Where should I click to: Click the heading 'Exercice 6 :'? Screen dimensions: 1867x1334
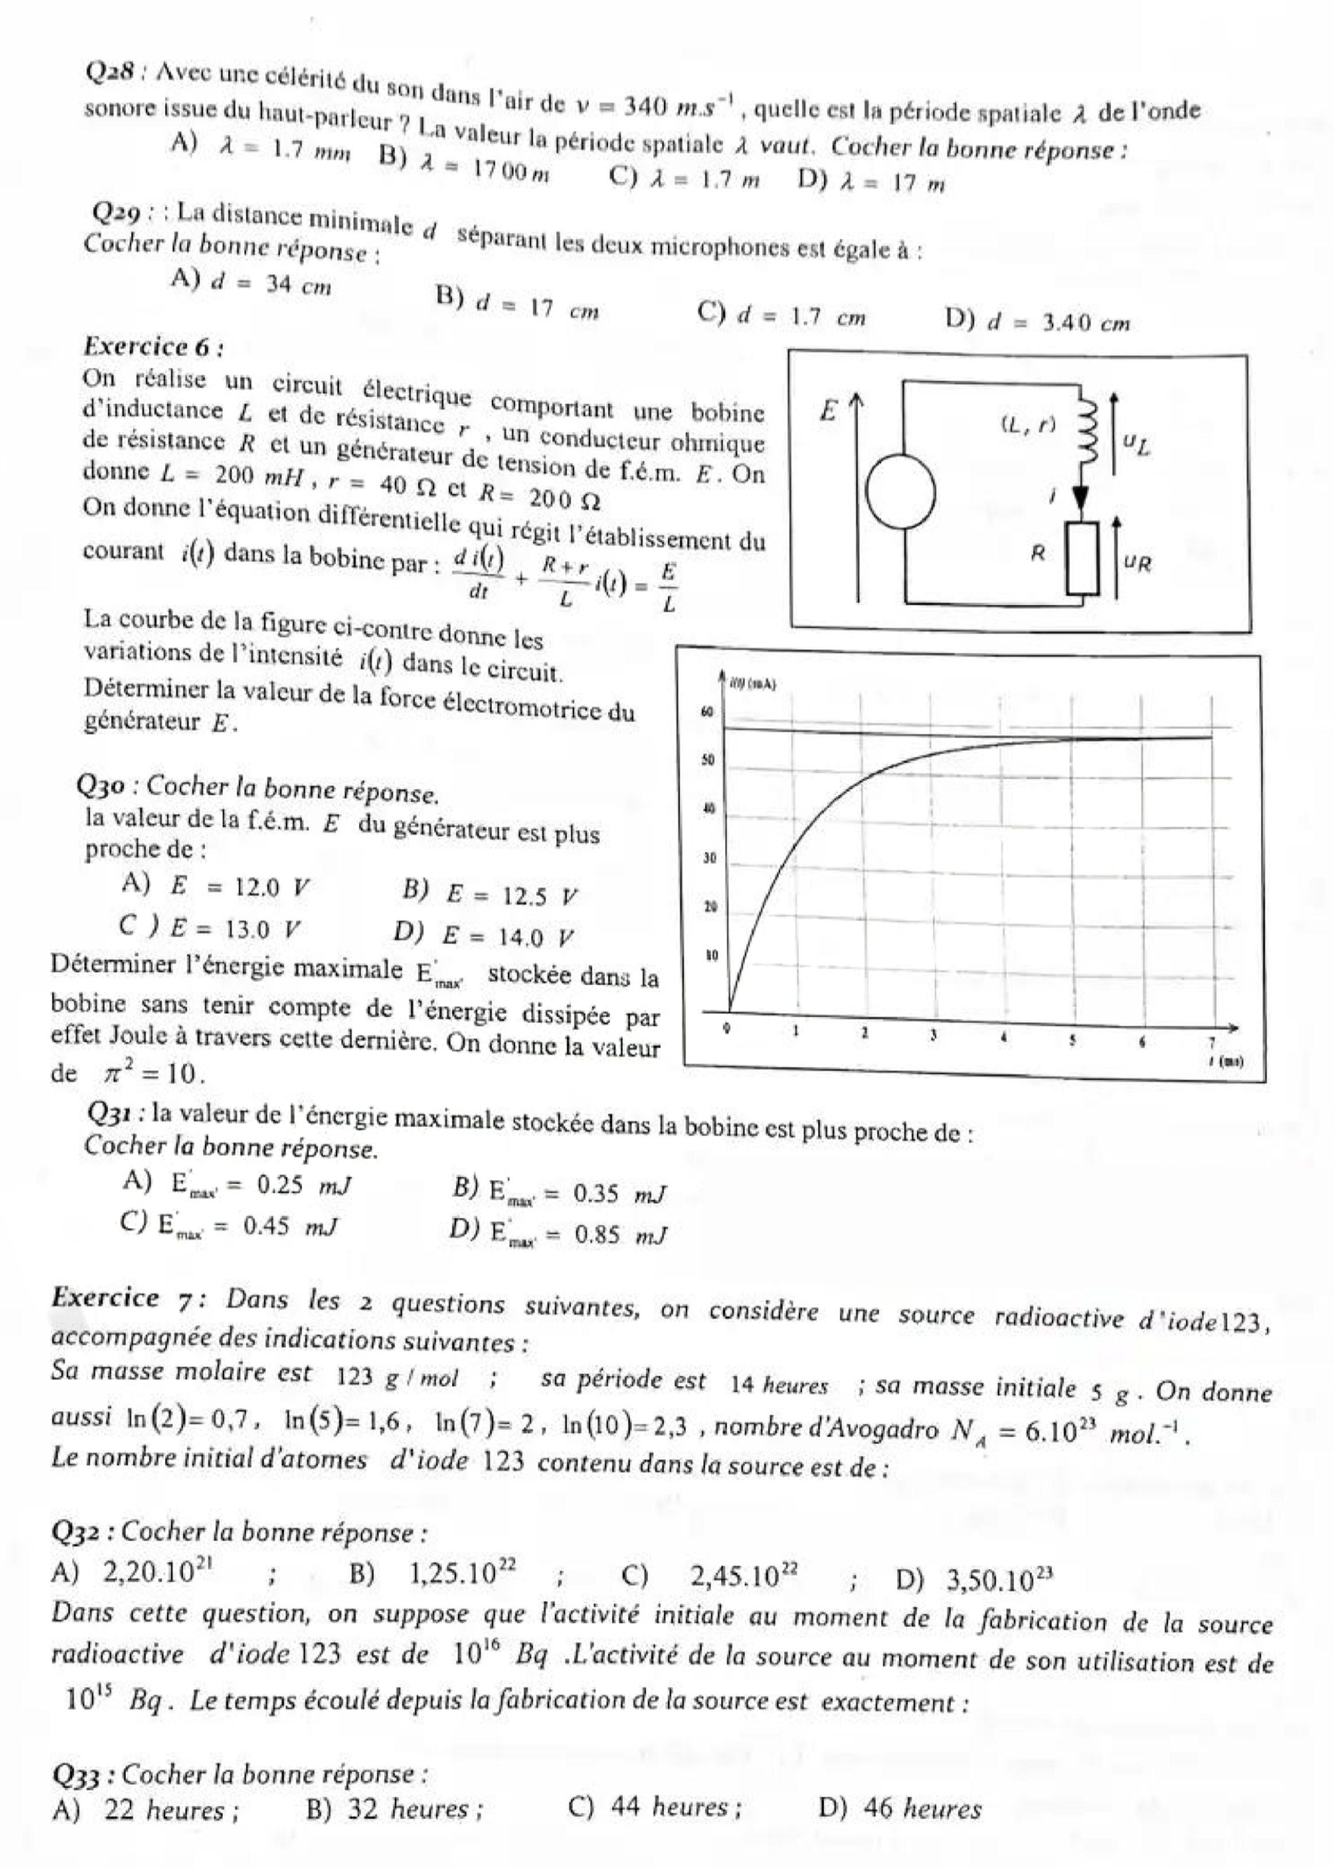pos(154,346)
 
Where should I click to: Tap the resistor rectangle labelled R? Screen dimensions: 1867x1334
pos(1082,558)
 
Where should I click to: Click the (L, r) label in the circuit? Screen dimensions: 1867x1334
pos(1028,424)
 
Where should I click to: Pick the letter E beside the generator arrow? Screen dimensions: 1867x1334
pos(827,411)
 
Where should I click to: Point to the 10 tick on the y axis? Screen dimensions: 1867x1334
pos(711,956)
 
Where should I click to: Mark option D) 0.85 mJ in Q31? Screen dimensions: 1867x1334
pos(559,1233)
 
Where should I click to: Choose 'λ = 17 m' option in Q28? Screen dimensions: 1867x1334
pos(872,182)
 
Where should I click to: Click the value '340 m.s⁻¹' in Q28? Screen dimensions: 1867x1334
pos(676,105)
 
